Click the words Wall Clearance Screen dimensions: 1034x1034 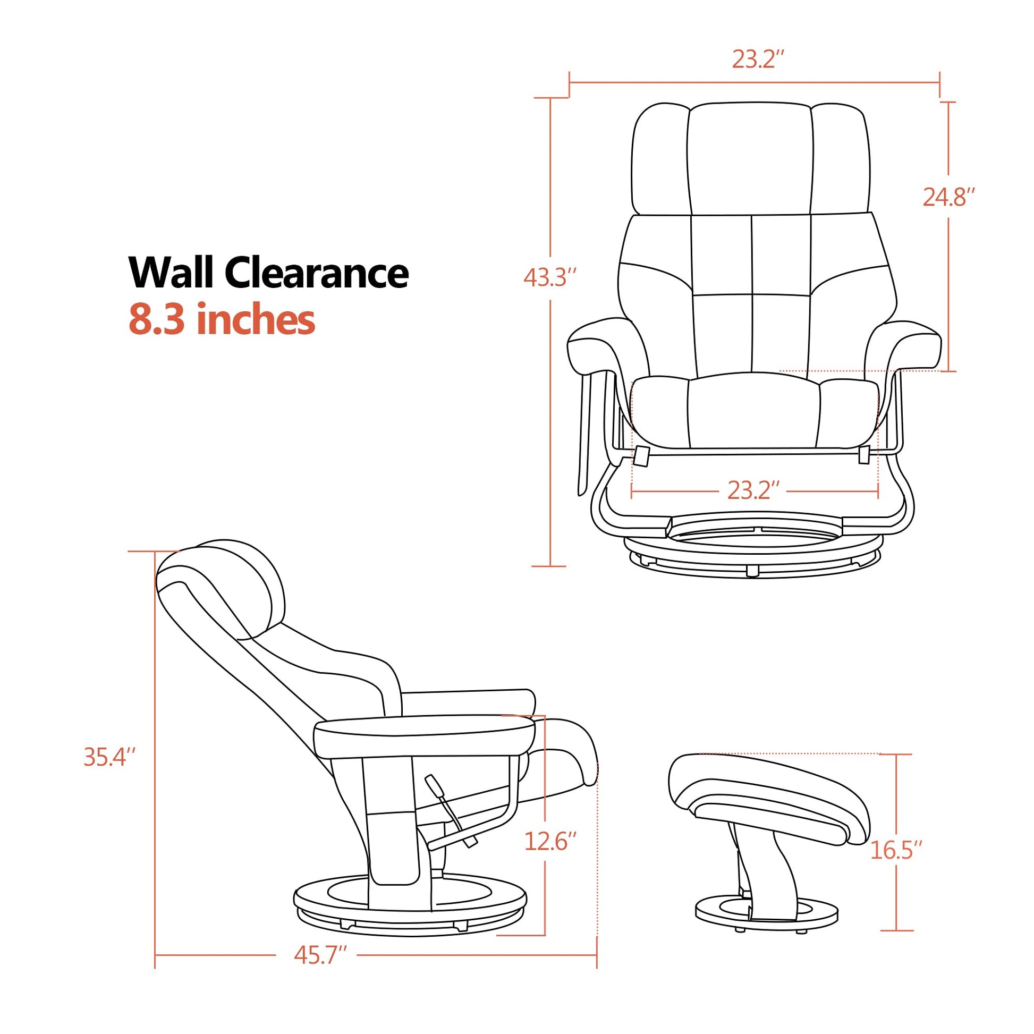click(x=269, y=273)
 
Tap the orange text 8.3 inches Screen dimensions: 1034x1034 click(x=222, y=319)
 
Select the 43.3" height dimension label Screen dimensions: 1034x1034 click(x=549, y=278)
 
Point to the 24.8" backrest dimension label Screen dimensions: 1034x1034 click(x=948, y=198)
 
